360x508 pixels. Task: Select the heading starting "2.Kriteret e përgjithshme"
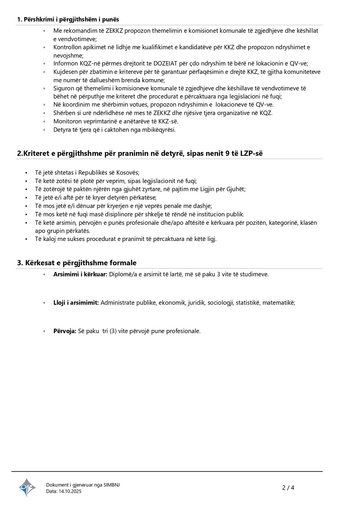140,153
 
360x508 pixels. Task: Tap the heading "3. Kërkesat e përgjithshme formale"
77,263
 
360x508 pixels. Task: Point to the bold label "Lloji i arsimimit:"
76,303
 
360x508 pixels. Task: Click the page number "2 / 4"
288,487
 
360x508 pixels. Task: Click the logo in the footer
27,487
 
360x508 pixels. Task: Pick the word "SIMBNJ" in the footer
112,485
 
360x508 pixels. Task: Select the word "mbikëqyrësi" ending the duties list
159,130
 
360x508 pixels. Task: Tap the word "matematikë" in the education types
280,303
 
